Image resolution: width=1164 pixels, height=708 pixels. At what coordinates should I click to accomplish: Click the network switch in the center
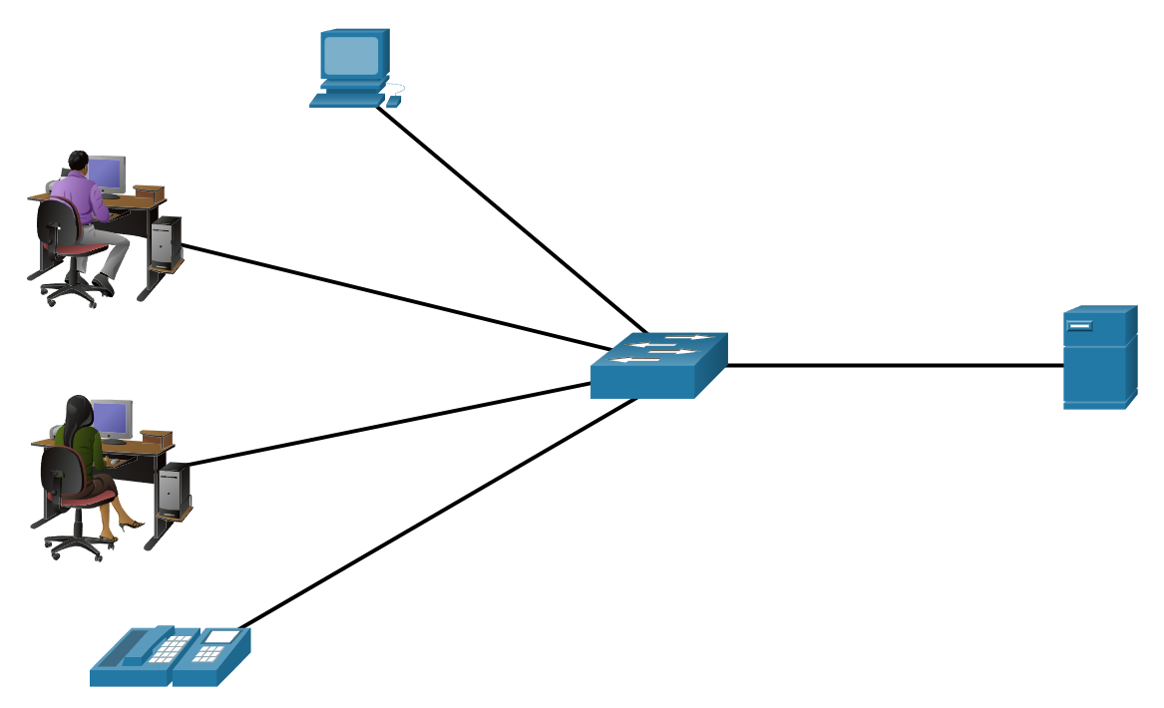[657, 366]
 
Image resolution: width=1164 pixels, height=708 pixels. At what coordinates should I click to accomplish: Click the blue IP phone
[170, 657]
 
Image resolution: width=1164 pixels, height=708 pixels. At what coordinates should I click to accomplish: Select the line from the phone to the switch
[439, 514]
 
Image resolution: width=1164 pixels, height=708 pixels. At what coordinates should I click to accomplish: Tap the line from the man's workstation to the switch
[389, 297]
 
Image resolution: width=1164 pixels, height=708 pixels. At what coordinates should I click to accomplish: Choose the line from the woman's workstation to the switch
[389, 424]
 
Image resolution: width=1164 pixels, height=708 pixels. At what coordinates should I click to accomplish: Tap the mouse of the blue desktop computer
[393, 101]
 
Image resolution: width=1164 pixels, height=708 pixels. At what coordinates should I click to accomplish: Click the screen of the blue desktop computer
[352, 54]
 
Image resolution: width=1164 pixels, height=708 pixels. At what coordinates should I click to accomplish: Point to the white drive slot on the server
[1079, 326]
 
